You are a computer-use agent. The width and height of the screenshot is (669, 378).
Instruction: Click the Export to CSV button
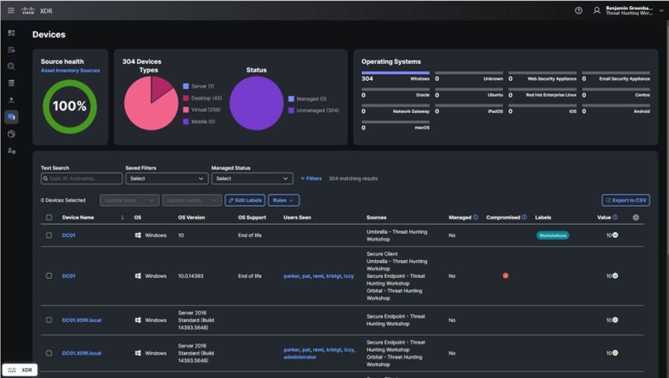click(x=626, y=200)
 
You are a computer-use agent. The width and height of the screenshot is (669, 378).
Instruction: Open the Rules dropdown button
click(x=283, y=200)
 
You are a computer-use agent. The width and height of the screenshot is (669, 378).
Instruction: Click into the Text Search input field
click(x=82, y=178)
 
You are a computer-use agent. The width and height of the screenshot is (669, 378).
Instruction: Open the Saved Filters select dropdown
click(x=166, y=178)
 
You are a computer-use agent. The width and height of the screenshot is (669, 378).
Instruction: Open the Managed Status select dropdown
click(x=252, y=178)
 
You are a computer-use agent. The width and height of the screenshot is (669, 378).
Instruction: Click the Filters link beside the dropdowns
click(x=311, y=178)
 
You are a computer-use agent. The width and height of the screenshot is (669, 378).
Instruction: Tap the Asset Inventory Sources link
click(x=70, y=70)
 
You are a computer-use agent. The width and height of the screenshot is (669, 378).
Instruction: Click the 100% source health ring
click(x=70, y=106)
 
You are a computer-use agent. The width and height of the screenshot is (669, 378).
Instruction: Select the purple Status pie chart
click(x=256, y=103)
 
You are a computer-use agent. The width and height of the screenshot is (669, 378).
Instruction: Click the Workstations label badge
click(x=552, y=236)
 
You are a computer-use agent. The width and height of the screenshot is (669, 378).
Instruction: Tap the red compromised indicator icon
click(x=506, y=276)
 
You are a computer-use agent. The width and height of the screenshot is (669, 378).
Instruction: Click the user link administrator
click(x=300, y=357)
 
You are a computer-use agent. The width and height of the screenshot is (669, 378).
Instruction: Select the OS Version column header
click(x=191, y=218)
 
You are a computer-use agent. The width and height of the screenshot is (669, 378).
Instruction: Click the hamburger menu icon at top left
click(x=11, y=10)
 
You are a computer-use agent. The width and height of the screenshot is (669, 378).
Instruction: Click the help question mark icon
click(x=578, y=10)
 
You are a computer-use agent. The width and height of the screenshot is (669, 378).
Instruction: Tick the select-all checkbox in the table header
click(x=49, y=218)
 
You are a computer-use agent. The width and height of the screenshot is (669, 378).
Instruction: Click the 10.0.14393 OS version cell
click(x=191, y=276)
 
